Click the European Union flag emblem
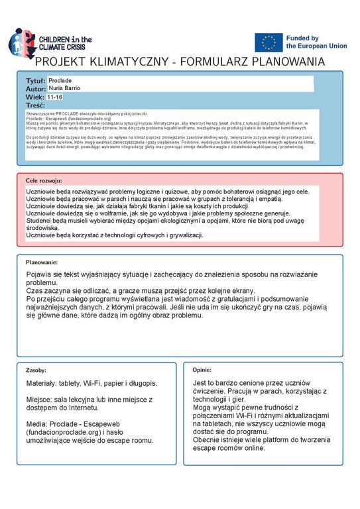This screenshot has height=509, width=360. click(x=268, y=42)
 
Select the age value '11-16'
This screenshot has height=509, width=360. click(x=56, y=97)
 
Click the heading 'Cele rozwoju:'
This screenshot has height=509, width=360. click(x=44, y=180)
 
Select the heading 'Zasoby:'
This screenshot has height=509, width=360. click(x=36, y=370)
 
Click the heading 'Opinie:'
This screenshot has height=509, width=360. click(x=202, y=370)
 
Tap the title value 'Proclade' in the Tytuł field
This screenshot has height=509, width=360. click(x=62, y=80)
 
